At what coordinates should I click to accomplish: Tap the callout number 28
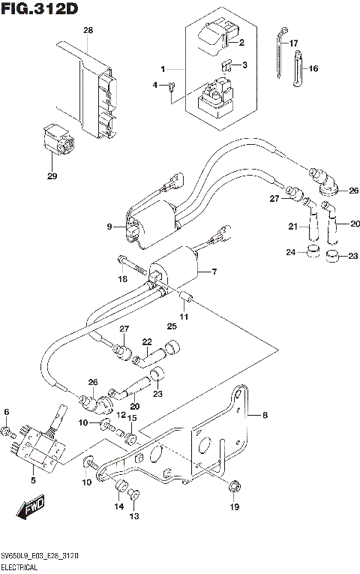pos(88,30)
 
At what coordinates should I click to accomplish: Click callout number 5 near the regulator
pos(32,479)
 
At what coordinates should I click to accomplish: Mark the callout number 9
pos(110,226)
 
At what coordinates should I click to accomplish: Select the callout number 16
pos(313,68)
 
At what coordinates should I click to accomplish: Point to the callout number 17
pos(294,43)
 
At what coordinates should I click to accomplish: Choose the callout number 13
pos(134,516)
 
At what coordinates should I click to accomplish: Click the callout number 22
pos(148,341)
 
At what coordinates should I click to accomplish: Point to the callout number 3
pos(244,65)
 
